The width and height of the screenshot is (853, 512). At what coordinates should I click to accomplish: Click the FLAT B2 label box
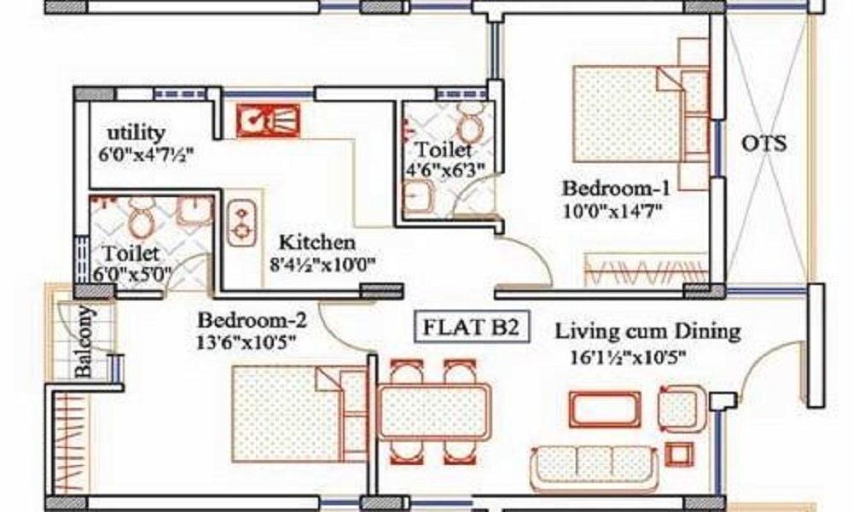point(472,327)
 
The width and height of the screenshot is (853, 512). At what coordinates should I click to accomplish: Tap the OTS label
point(763,143)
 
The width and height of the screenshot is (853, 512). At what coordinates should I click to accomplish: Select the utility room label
point(136,132)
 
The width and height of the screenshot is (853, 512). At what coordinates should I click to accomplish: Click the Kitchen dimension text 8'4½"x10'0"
point(322,265)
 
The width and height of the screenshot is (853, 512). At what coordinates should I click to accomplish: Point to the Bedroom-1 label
point(616,189)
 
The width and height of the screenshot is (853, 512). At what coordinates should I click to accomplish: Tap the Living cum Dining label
point(647,331)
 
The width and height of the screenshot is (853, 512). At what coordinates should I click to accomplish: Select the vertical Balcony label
point(84,341)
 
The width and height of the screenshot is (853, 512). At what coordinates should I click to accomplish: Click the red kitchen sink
point(268,120)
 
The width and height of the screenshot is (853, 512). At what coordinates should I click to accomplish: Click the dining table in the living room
point(433,412)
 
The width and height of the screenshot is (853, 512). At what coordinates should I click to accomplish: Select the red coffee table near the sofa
point(605,410)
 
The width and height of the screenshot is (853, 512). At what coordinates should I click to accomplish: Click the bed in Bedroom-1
point(641,114)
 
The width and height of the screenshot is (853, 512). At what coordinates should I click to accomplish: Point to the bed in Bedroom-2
point(300,414)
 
